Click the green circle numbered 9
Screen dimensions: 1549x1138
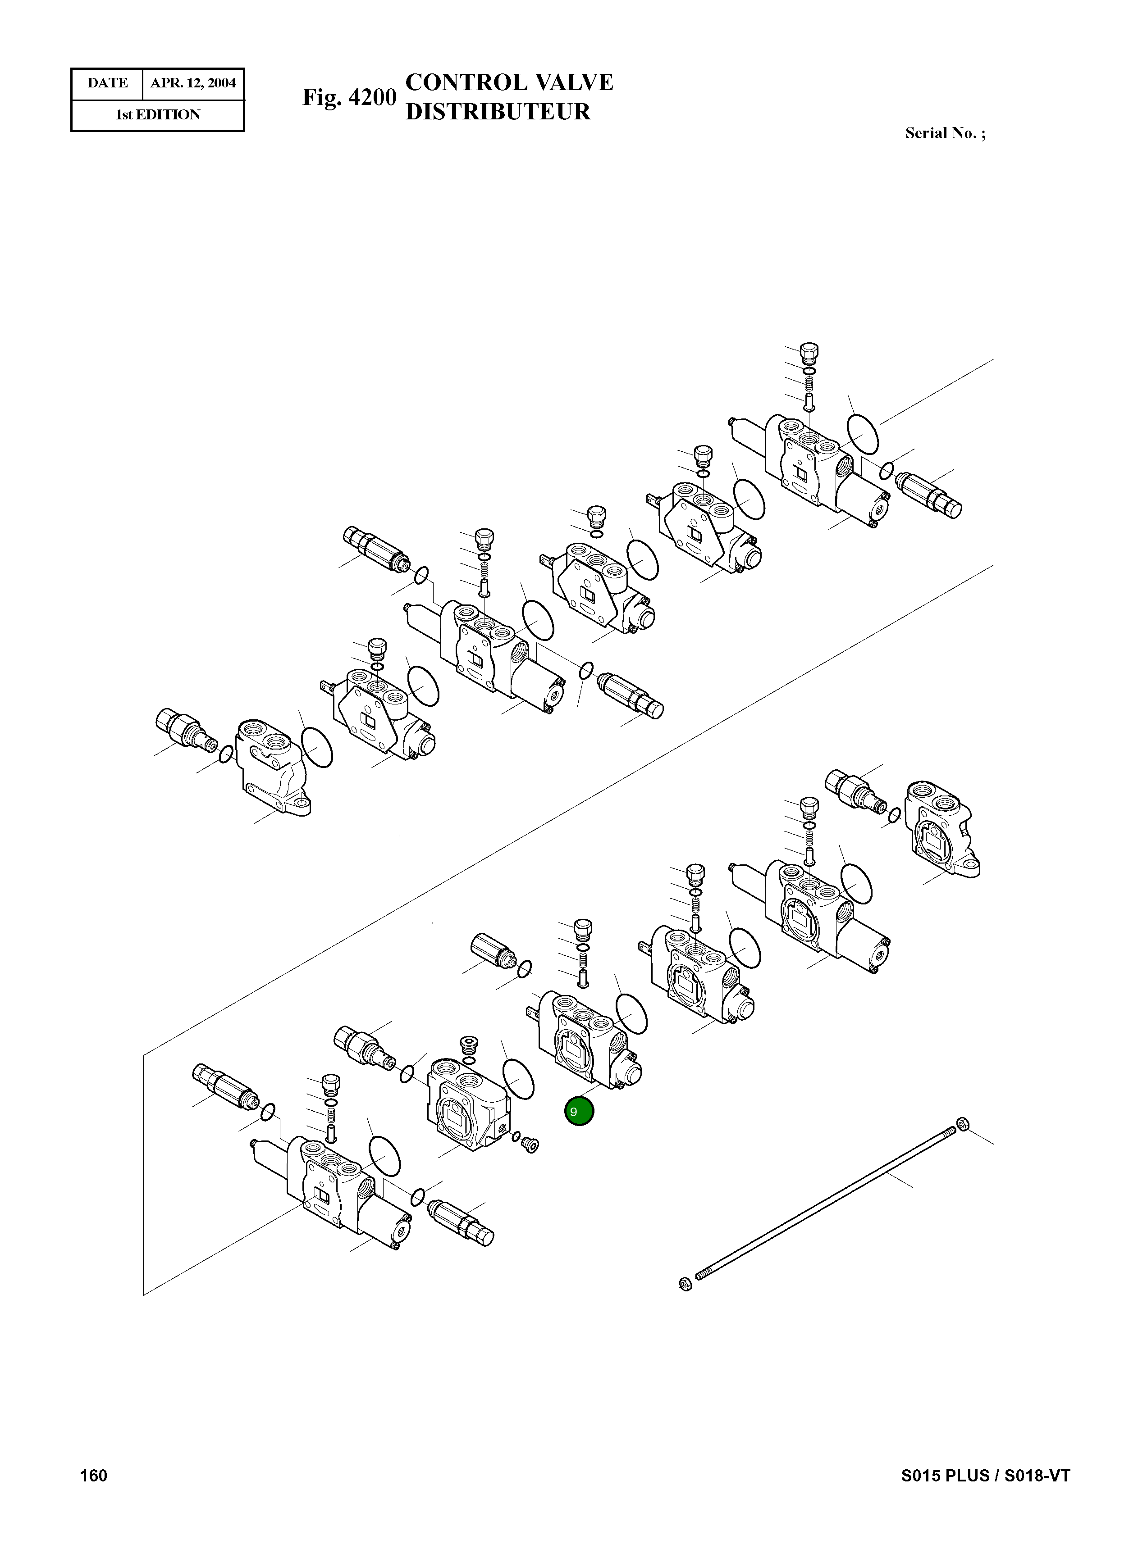tap(579, 1111)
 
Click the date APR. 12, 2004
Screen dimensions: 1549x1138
tap(193, 83)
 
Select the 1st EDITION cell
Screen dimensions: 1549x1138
tap(158, 115)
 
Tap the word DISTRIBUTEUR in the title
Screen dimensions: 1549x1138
tap(498, 112)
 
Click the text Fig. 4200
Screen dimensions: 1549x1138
tap(349, 97)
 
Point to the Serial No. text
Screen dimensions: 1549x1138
tap(945, 134)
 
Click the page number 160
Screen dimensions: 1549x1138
tap(94, 1475)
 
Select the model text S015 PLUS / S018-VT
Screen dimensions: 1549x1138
tap(985, 1475)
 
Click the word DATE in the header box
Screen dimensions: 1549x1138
tap(107, 83)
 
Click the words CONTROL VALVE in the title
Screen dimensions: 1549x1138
tap(509, 82)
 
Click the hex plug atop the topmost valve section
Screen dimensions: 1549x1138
tap(810, 353)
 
